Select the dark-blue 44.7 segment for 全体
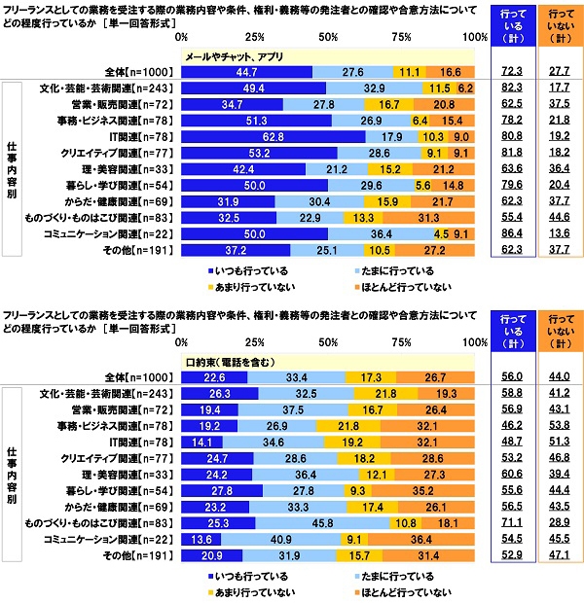point(247,72)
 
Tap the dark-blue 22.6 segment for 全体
point(215,376)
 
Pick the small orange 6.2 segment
point(465,88)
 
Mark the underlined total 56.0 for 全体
point(512,376)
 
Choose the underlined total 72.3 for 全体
point(512,72)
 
